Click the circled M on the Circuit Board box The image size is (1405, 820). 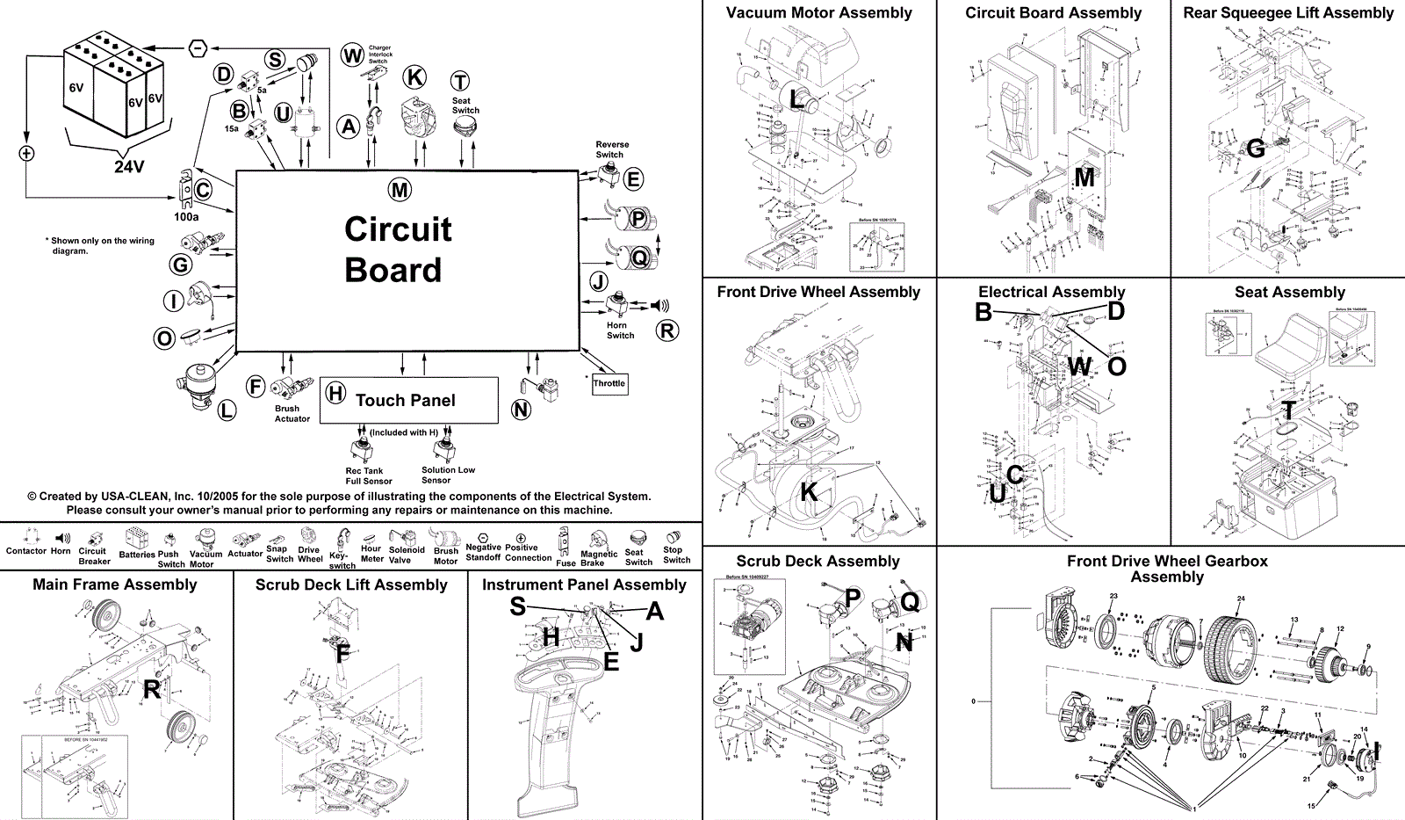[x=400, y=190]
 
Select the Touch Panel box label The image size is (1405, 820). [x=405, y=401]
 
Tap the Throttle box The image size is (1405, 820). [x=609, y=383]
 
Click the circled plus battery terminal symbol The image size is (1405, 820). [x=26, y=154]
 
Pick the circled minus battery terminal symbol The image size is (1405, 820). [x=198, y=47]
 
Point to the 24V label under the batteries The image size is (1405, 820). [x=129, y=166]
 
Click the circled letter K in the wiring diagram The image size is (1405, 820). [x=414, y=77]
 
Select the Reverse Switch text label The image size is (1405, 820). [x=611, y=149]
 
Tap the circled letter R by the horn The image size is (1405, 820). [x=667, y=330]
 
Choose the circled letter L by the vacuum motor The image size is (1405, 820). [x=227, y=410]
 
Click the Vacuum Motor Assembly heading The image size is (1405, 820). [x=818, y=13]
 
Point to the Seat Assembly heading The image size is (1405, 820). [x=1289, y=292]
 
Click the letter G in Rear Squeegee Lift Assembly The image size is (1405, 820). [x=1256, y=149]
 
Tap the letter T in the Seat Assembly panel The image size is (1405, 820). [x=1287, y=410]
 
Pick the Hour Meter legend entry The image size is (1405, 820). [x=371, y=554]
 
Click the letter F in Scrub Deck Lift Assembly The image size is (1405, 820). [x=342, y=653]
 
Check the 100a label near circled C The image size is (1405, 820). [x=186, y=216]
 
